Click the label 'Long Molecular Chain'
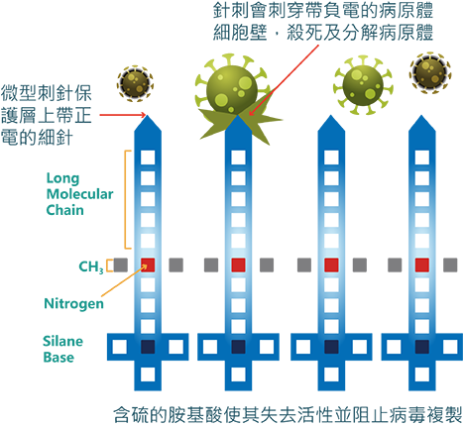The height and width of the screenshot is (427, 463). [79, 194]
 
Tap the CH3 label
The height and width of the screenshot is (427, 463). [91, 267]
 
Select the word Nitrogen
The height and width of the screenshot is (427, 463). [73, 303]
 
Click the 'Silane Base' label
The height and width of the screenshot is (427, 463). [62, 349]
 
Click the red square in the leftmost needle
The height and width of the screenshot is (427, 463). [148, 266]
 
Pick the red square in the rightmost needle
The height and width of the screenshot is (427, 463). [422, 266]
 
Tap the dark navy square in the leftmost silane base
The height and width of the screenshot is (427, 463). [148, 347]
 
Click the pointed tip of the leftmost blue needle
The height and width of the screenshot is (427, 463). [148, 115]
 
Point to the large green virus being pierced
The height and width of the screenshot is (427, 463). [231, 89]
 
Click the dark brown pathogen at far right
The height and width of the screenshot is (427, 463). [430, 72]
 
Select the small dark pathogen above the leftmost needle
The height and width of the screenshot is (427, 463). [135, 82]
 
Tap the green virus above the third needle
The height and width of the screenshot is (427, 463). [363, 85]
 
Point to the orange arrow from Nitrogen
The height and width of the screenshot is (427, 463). [124, 280]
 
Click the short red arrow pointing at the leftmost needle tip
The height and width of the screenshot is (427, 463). [123, 115]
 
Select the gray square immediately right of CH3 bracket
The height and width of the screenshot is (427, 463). [121, 266]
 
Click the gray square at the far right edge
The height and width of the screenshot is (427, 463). [450, 266]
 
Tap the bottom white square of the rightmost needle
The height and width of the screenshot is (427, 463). [422, 374]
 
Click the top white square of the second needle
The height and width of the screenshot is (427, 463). [238, 158]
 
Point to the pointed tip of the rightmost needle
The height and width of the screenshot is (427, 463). [421, 115]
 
